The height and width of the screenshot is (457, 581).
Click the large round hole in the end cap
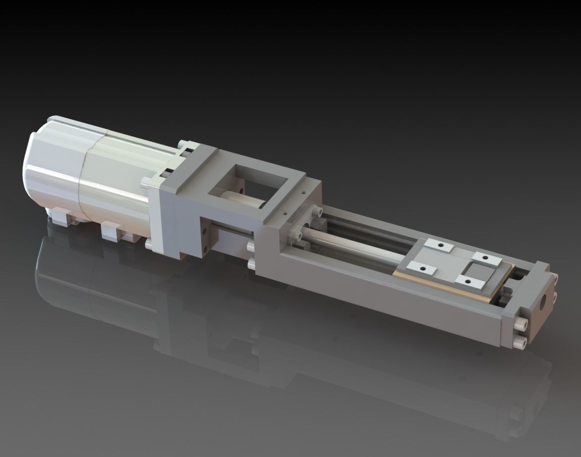point(545,301)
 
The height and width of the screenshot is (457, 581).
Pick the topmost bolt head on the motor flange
point(186,144)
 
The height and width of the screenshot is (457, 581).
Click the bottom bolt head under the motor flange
point(149,243)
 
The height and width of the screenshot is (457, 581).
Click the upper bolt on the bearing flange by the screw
point(315,213)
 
